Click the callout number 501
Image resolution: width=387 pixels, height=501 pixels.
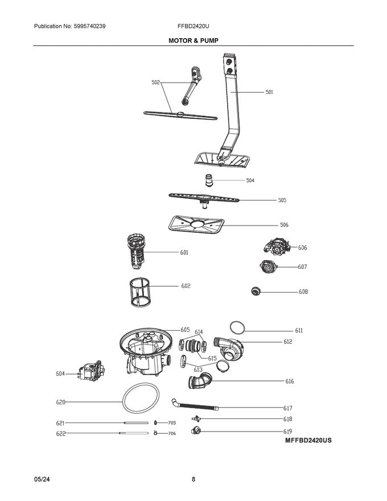pyautogui.click(x=269, y=92)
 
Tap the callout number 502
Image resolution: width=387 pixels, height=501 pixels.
pyautogui.click(x=155, y=83)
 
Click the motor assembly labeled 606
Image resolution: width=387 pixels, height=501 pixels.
pyautogui.click(x=277, y=246)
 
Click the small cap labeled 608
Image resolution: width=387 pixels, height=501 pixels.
pyautogui.click(x=256, y=291)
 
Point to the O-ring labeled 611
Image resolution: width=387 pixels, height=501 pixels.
pyautogui.click(x=238, y=327)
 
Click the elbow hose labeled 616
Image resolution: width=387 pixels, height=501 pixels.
pyautogui.click(x=200, y=379)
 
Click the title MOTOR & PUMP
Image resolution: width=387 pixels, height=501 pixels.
pyautogui.click(x=193, y=40)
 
